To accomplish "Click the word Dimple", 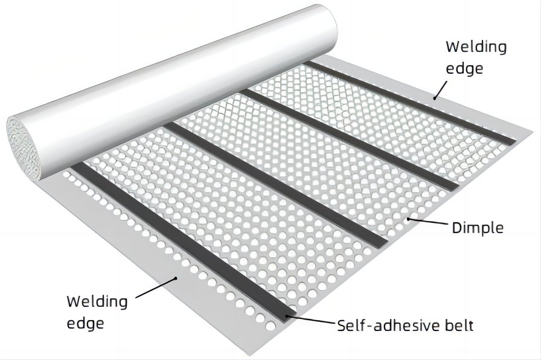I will coord(478,228).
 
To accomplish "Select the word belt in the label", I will coord(459,326).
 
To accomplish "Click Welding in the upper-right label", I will coord(476,47).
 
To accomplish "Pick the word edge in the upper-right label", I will coord(464,68).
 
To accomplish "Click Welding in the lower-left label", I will coord(97,301).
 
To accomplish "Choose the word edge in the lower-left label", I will coord(85,323).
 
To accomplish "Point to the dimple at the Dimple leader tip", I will coord(409,219).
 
